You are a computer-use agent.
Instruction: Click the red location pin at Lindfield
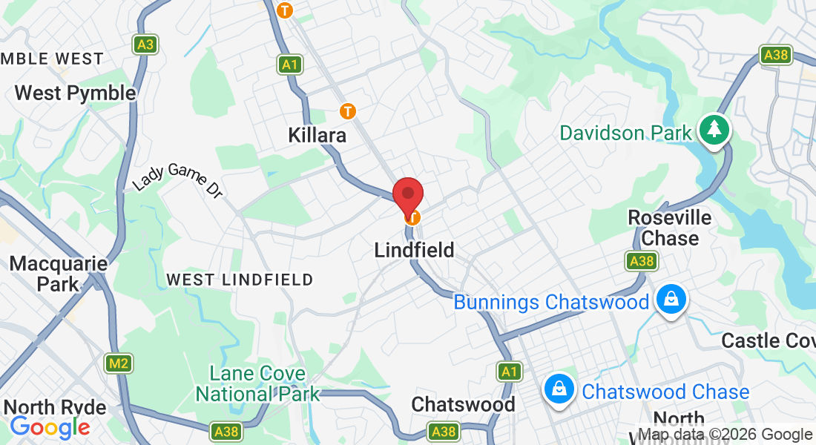coord(407,194)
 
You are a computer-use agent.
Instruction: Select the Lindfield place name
coord(414,250)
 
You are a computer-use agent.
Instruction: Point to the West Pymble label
coord(75,93)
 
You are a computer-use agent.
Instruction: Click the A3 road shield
coord(145,44)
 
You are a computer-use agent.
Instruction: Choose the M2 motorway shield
coord(118,363)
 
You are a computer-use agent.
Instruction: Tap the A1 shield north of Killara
coord(289,65)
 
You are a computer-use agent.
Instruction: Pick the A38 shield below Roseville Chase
coord(641,261)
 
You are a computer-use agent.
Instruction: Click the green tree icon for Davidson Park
coord(714,130)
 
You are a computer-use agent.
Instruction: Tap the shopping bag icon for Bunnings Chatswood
coord(671,300)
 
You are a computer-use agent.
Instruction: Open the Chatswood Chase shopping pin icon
coord(559,388)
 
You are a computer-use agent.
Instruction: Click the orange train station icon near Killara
coord(347,111)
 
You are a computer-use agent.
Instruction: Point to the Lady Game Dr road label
coord(178,180)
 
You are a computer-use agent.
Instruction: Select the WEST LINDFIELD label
coord(240,280)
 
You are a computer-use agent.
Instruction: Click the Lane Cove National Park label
coord(257,383)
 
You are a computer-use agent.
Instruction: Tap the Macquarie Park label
coord(58,273)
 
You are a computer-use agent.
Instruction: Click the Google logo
coord(50,426)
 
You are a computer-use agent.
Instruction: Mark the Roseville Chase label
coord(670,228)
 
